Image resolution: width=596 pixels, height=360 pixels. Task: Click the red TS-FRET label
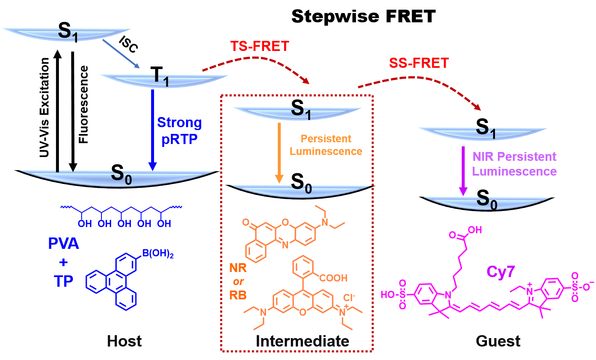pyautogui.click(x=259, y=46)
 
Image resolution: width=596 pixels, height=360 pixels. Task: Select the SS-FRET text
pyautogui.click(x=418, y=63)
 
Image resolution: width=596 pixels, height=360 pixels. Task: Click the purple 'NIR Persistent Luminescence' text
pyautogui.click(x=514, y=164)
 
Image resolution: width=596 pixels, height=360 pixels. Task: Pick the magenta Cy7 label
pyautogui.click(x=500, y=272)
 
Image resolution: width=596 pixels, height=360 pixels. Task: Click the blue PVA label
pyautogui.click(x=63, y=244)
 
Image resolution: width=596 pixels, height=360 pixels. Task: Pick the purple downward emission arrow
pyautogui.click(x=463, y=171)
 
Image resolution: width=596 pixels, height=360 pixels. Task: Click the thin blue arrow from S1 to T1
pyautogui.click(x=121, y=53)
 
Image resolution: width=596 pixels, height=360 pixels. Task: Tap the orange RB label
pyautogui.click(x=238, y=295)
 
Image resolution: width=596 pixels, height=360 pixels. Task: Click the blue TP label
pyautogui.click(x=63, y=281)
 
